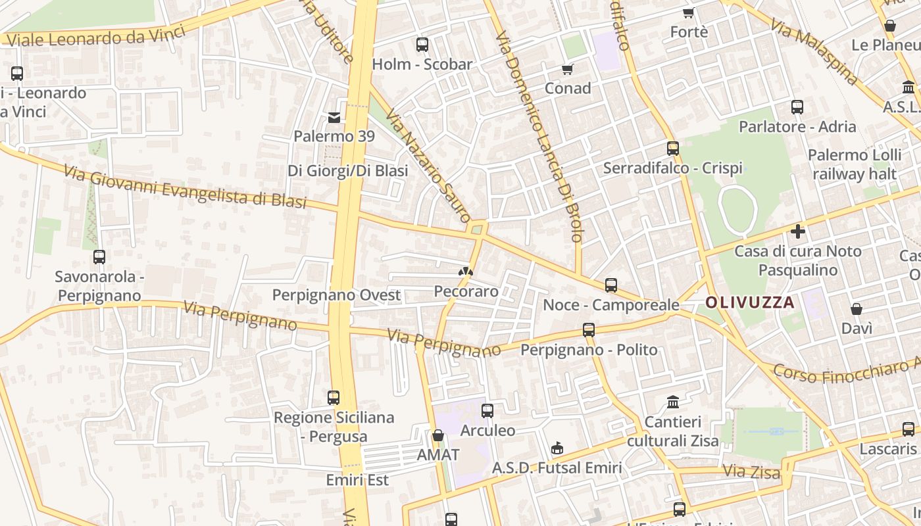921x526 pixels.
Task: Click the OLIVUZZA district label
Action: pyautogui.click(x=749, y=303)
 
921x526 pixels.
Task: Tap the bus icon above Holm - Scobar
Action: pyautogui.click(x=422, y=45)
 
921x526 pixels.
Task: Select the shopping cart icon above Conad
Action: pyautogui.click(x=568, y=69)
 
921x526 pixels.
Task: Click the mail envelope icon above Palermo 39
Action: pyautogui.click(x=334, y=118)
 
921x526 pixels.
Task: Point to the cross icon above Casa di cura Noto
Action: pyautogui.click(x=798, y=231)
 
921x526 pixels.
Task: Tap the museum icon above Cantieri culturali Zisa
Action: pyautogui.click(x=673, y=402)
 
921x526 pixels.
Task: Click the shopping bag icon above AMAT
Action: pyautogui.click(x=438, y=435)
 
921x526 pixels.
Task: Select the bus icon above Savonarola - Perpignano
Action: pyautogui.click(x=99, y=257)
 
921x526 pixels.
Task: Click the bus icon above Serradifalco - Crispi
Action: pyautogui.click(x=672, y=149)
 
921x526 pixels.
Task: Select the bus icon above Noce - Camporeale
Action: pyautogui.click(x=611, y=285)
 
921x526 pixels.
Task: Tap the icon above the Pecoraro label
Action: pyautogui.click(x=466, y=272)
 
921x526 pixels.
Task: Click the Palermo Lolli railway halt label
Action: pyautogui.click(x=855, y=164)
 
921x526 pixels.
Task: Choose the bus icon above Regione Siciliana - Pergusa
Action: pyautogui.click(x=334, y=398)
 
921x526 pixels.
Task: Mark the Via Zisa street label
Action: pyautogui.click(x=751, y=471)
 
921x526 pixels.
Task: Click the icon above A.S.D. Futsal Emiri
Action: pyautogui.click(x=557, y=448)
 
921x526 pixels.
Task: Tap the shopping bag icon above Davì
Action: pyautogui.click(x=857, y=309)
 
